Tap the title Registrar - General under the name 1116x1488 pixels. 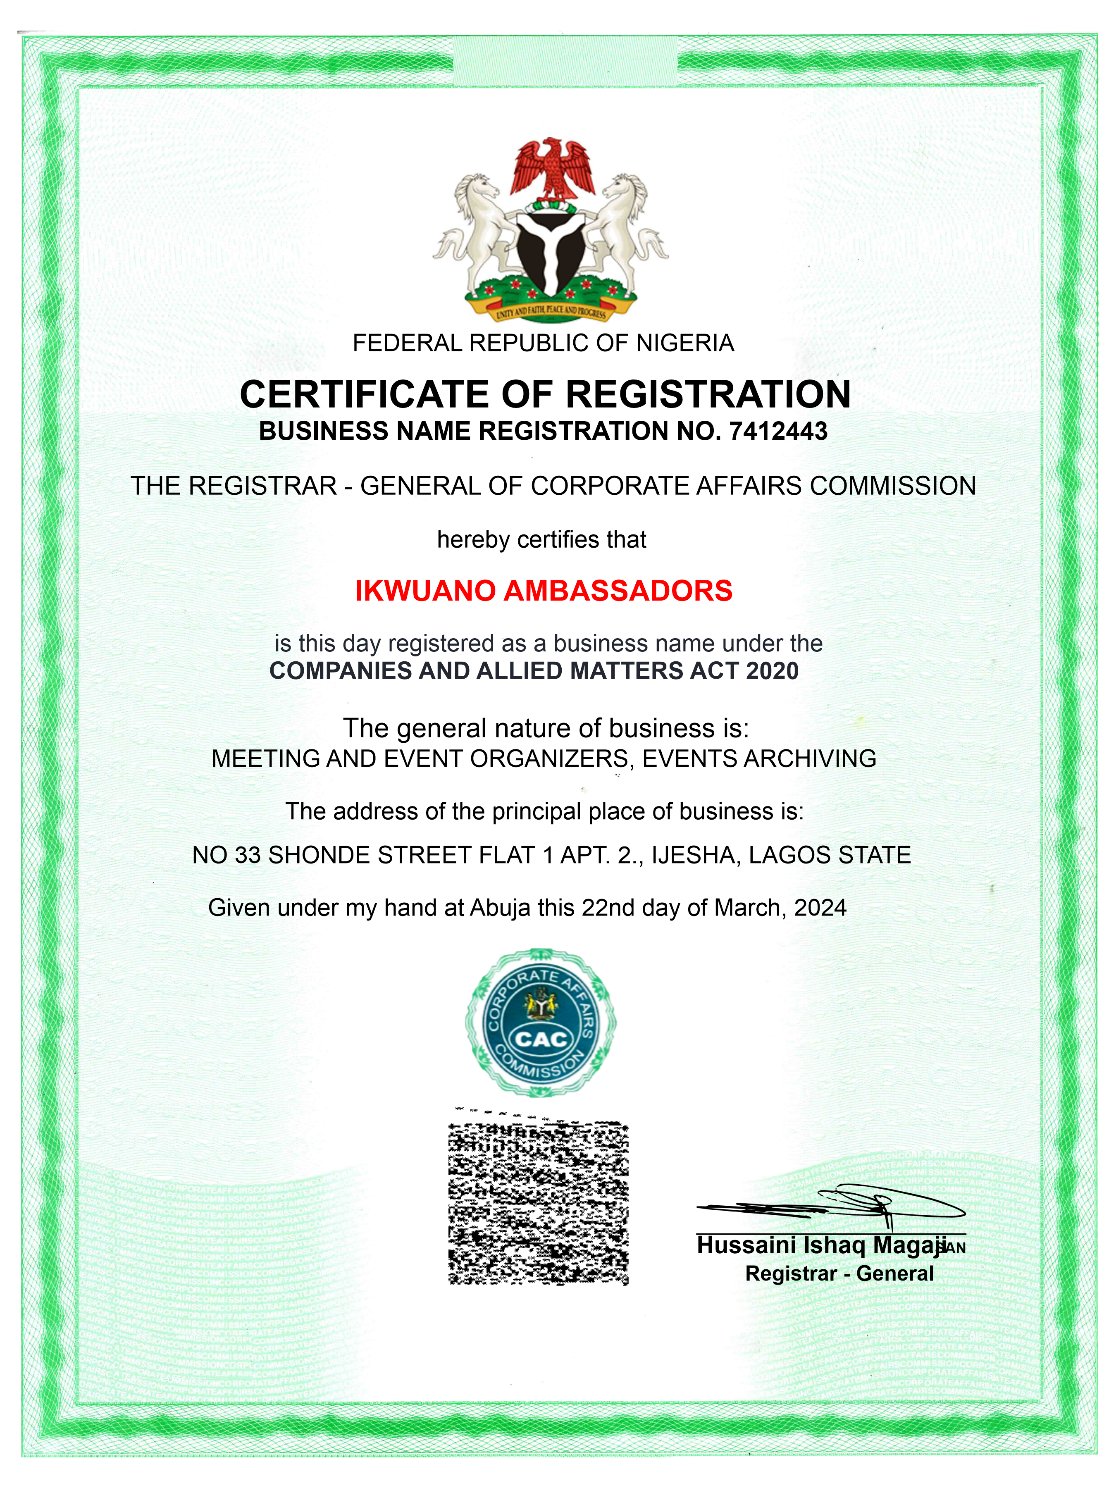click(x=839, y=1273)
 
